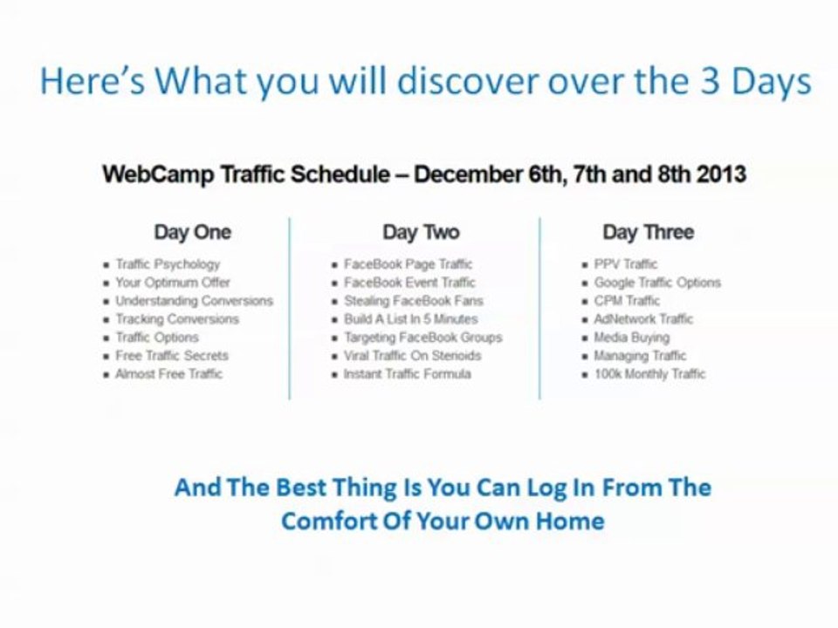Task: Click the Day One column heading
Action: coord(193,232)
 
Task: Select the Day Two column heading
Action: coord(421,232)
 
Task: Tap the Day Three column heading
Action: coord(648,232)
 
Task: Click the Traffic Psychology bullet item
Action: coord(168,263)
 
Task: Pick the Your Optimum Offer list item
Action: coord(173,282)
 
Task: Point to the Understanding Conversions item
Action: coord(194,300)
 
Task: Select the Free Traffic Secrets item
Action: coord(172,355)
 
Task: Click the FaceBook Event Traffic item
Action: coord(409,282)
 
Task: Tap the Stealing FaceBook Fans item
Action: coord(413,300)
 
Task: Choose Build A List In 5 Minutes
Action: coord(410,318)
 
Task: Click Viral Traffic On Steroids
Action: coord(412,355)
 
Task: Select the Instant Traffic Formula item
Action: coord(407,373)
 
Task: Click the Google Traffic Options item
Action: coord(657,282)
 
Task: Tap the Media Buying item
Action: coord(632,337)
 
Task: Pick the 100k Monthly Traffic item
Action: coord(649,373)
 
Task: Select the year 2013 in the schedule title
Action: coord(722,174)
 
